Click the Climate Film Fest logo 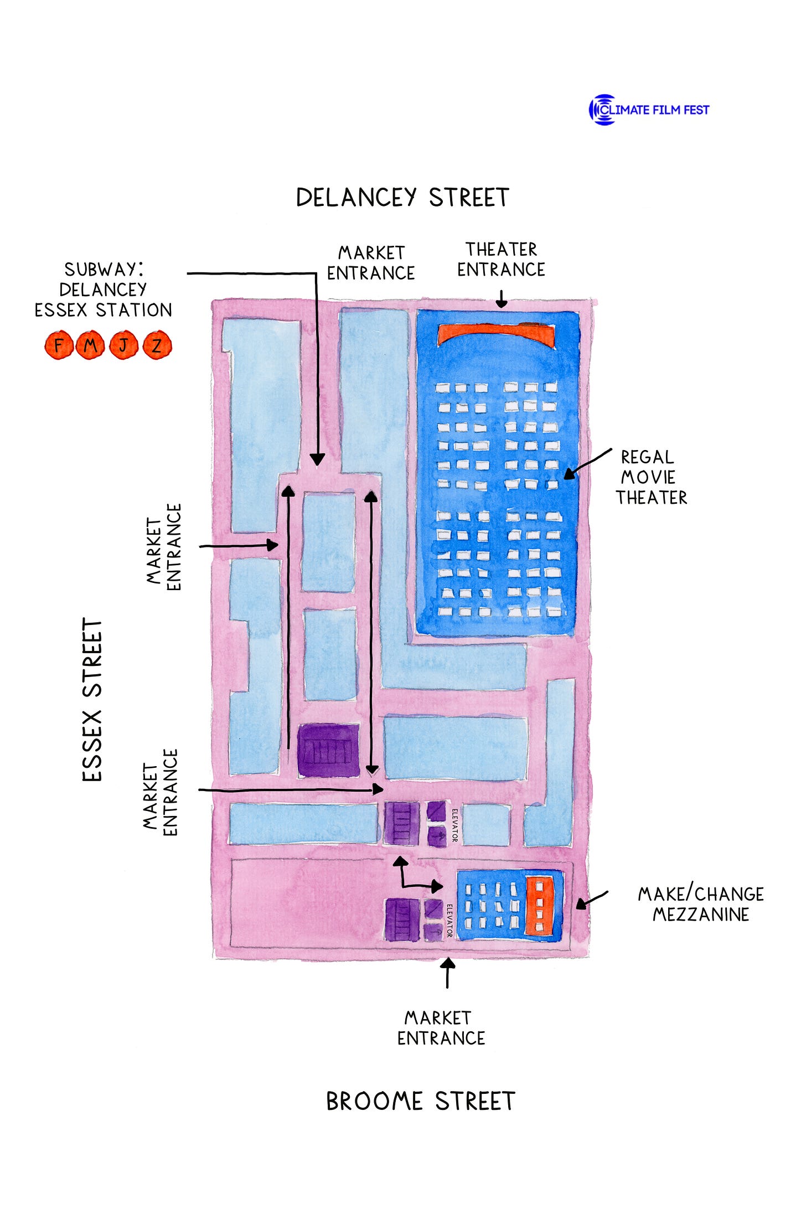[649, 110]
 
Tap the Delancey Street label [402, 198]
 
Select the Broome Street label [420, 1101]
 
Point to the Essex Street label [92, 700]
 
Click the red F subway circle [59, 345]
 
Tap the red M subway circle [90, 345]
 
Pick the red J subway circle [123, 345]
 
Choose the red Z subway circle [157, 345]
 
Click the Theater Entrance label [501, 259]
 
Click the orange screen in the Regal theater [496, 334]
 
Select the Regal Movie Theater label [651, 477]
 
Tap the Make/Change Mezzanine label [701, 904]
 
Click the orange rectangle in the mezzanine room [539, 906]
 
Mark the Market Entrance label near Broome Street [441, 1028]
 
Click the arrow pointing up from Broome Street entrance [447, 973]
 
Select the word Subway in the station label [103, 270]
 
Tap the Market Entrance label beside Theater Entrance [371, 263]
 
